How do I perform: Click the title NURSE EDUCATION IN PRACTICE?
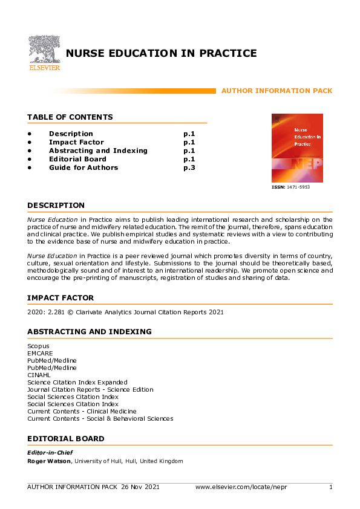pyautogui.click(x=161, y=54)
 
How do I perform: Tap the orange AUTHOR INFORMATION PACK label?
pyautogui.click(x=277, y=91)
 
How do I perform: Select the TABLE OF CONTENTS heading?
pyautogui.click(x=70, y=117)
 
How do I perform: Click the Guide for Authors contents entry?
pyautogui.click(x=83, y=167)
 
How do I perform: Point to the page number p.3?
pyautogui.click(x=189, y=167)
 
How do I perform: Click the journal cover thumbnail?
pyautogui.click(x=297, y=148)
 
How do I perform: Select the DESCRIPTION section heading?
pyautogui.click(x=56, y=206)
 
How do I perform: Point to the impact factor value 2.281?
pyautogui.click(x=56, y=313)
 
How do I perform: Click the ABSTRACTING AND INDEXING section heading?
pyautogui.click(x=89, y=332)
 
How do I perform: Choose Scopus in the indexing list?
pyautogui.click(x=38, y=346)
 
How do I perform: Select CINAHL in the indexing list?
pyautogui.click(x=38, y=375)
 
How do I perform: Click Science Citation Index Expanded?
pyautogui.click(x=77, y=382)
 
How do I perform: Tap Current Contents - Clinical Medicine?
pyautogui.click(x=82, y=411)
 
